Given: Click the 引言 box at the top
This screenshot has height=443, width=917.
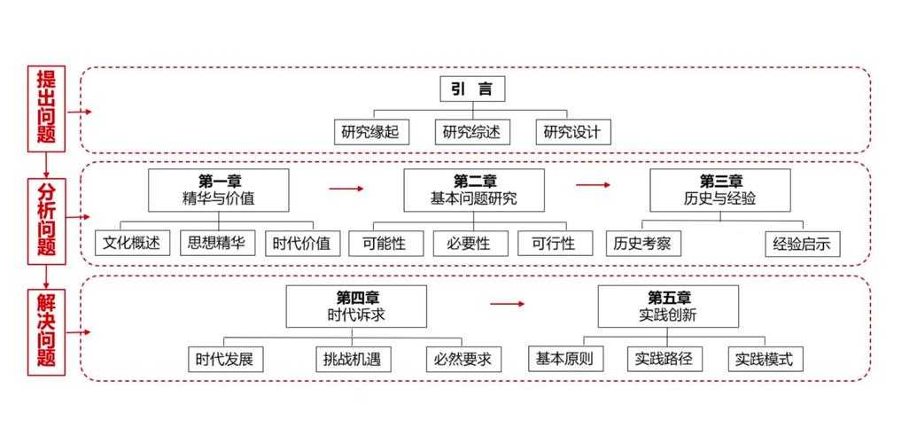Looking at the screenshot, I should (472, 89).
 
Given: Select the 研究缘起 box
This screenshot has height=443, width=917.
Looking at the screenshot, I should (371, 133).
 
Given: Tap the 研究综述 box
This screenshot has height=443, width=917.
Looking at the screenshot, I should (472, 133).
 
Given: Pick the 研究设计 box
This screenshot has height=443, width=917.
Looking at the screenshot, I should (572, 133).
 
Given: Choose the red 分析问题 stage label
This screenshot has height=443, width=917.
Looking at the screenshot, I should (46, 219).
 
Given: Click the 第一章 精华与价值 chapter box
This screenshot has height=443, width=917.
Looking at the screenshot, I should (218, 190).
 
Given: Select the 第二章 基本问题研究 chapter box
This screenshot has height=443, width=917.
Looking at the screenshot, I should (474, 190).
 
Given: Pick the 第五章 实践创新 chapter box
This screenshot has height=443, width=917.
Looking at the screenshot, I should (667, 306).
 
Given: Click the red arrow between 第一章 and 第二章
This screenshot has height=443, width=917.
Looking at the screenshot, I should (346, 189).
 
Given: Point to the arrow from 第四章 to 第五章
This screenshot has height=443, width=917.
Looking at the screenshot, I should (508, 304).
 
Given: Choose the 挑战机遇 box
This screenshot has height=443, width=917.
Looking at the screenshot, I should (354, 360).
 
